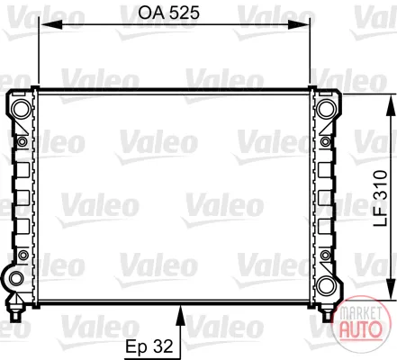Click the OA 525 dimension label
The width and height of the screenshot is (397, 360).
(x=168, y=13)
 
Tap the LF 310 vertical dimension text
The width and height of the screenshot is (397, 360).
(x=381, y=198)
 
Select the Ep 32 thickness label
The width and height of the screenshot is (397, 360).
(x=149, y=346)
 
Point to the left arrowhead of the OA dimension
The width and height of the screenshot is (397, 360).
(x=50, y=25)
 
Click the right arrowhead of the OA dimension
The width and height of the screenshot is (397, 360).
(x=298, y=25)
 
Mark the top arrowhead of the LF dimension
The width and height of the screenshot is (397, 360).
(x=391, y=105)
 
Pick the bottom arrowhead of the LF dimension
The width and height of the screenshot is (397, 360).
(x=391, y=289)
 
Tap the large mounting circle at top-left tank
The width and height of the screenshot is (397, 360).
(x=22, y=109)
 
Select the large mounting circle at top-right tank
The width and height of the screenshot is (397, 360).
(x=326, y=109)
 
